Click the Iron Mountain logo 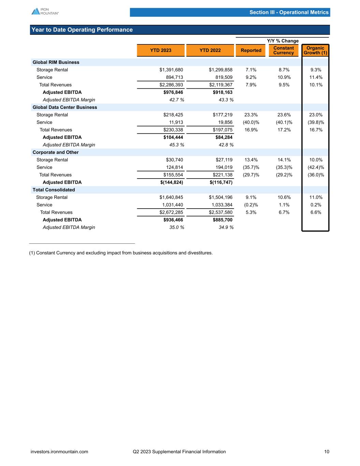point(45,11)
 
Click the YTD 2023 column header point(161,51)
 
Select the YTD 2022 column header point(210,51)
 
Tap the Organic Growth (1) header point(315,51)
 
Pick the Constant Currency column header point(284,51)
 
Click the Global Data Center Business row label point(64,107)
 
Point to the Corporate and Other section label point(55,152)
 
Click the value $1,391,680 point(171,70)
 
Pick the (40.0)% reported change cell point(251,122)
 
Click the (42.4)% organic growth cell point(316,167)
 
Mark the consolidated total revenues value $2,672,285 point(171,212)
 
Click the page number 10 point(327,452)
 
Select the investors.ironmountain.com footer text point(59,452)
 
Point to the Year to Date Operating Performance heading point(82,30)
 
